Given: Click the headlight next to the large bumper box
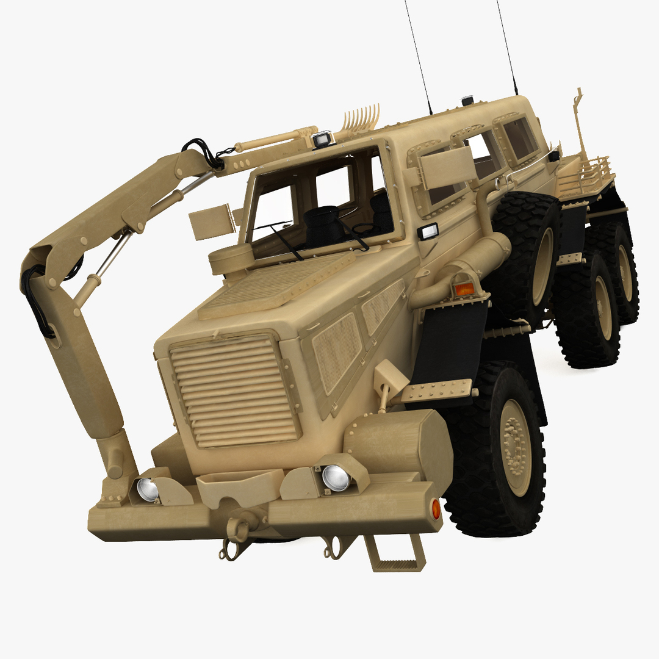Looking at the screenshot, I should [335, 477].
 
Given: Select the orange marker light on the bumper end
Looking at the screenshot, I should [436, 508].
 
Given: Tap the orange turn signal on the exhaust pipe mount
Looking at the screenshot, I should [464, 289].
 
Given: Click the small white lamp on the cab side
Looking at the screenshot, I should [429, 231].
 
